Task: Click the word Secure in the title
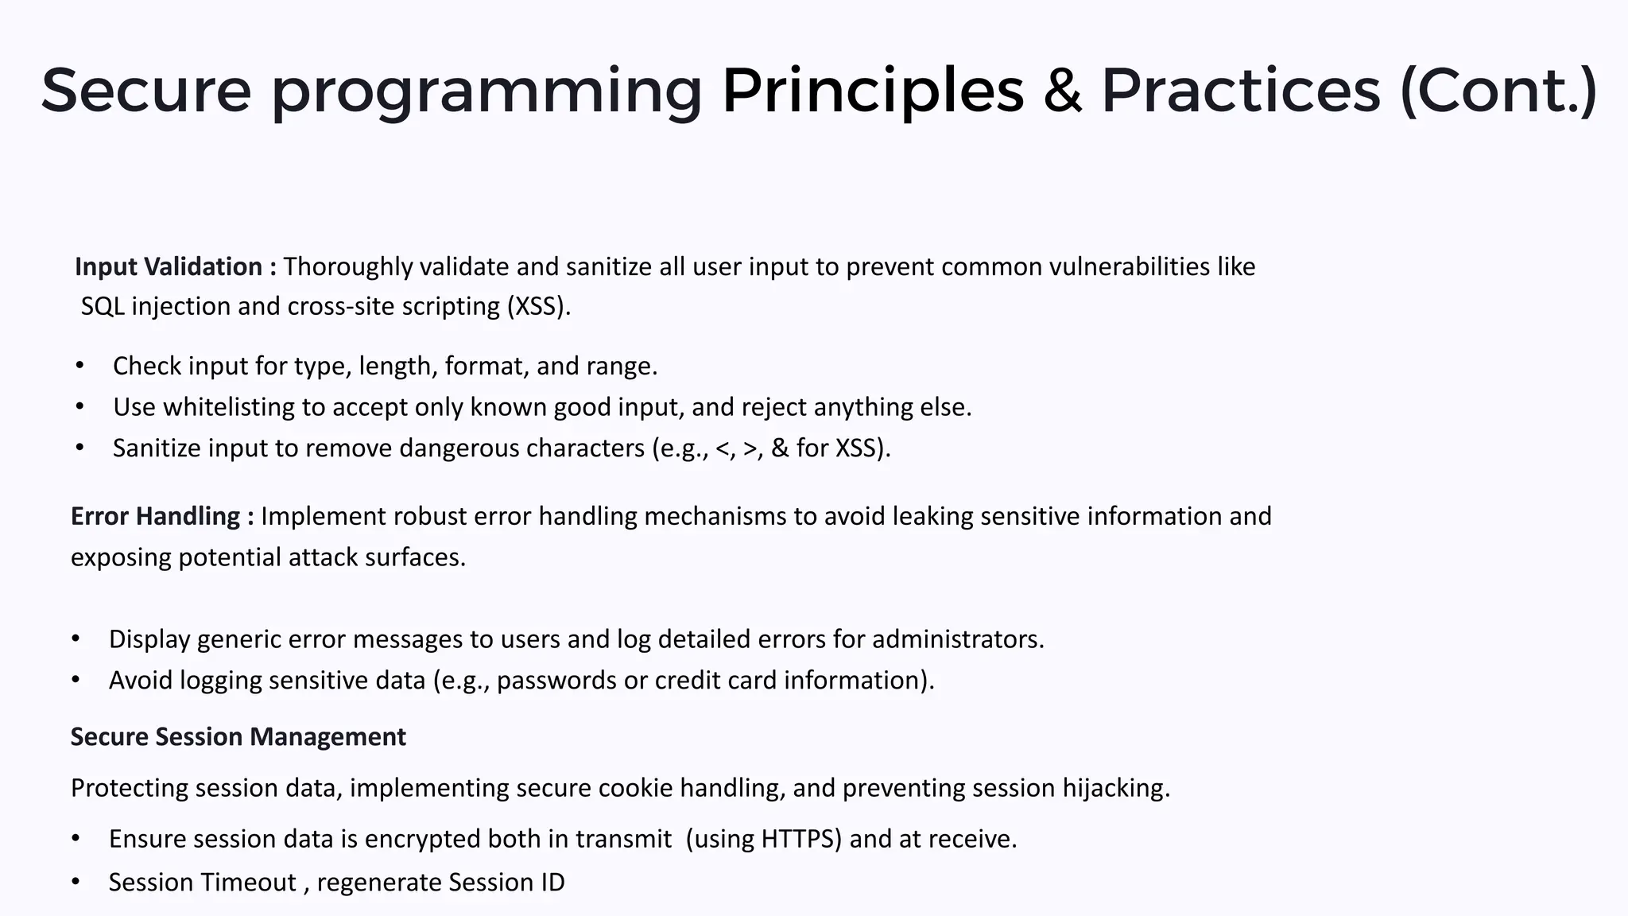[x=145, y=91]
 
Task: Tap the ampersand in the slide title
[x=1062, y=91]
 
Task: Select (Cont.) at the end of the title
[x=1498, y=91]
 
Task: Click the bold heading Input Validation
[x=169, y=266]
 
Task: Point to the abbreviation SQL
[x=103, y=306]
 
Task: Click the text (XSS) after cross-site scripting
[x=538, y=306]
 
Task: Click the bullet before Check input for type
[x=79, y=366]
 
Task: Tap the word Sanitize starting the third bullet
[x=157, y=448]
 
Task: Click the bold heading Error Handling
[x=156, y=516]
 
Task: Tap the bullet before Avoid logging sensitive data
[x=76, y=681]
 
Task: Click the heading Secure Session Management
[x=238, y=737]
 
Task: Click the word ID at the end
[x=551, y=883]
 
